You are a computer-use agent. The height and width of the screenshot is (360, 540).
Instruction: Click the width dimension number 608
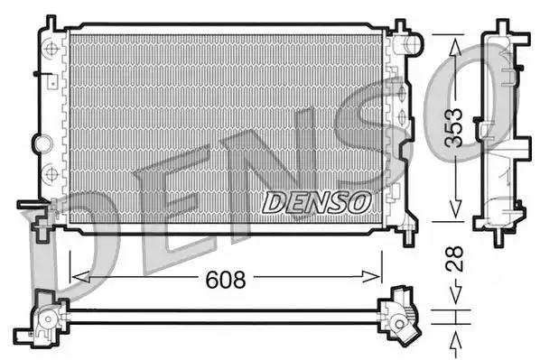coord(226,280)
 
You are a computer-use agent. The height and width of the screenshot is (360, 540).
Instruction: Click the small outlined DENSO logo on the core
coord(316,203)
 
